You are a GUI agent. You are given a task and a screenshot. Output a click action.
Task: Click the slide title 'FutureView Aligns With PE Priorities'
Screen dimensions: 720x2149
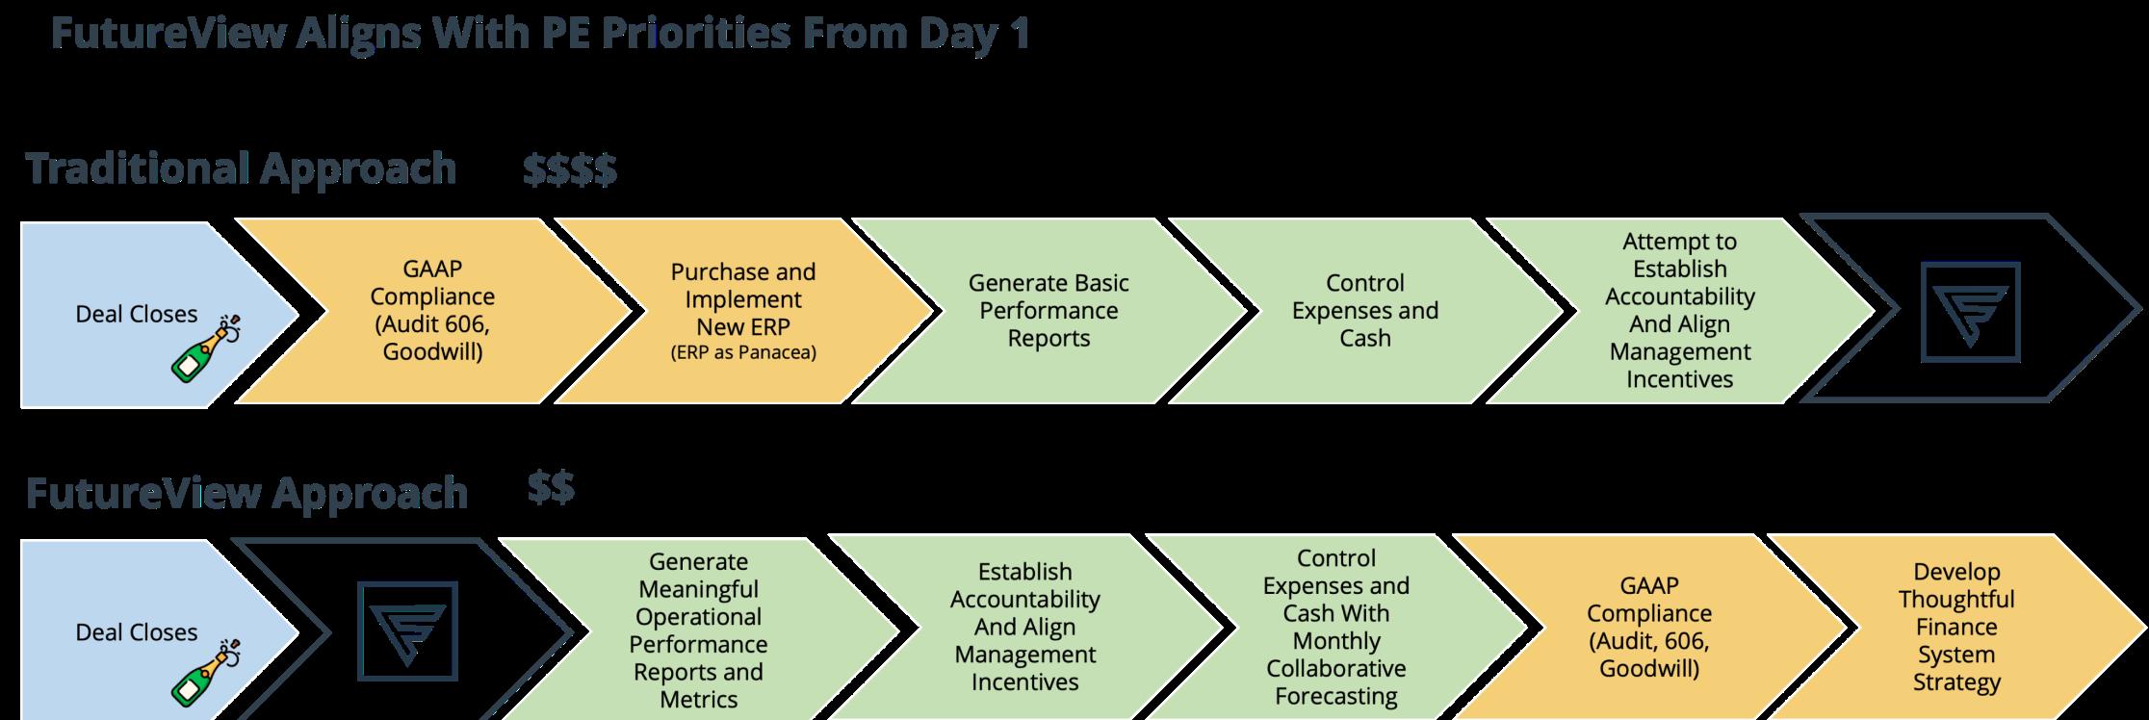539,35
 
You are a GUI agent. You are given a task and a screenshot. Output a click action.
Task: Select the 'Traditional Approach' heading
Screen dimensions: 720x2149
241,168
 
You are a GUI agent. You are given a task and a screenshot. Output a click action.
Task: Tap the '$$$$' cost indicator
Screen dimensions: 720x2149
570,170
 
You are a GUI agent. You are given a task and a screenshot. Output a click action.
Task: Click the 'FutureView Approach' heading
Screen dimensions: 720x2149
246,493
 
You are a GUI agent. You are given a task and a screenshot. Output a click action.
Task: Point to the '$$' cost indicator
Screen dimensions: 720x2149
551,488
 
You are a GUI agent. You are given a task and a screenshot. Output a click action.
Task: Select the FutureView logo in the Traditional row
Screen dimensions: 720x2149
1970,311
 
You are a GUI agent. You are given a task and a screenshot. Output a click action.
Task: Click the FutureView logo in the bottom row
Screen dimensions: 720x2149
407,630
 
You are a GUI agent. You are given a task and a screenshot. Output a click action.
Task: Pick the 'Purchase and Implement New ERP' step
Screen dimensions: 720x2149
742,298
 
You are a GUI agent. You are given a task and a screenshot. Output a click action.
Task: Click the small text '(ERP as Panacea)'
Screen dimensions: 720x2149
742,352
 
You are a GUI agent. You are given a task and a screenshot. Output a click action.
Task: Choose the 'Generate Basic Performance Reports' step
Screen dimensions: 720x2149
1048,310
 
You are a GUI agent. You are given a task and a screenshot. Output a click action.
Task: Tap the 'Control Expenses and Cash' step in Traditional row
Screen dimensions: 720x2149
1364,310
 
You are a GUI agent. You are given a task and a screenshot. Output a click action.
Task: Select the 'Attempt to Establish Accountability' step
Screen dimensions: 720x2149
1679,310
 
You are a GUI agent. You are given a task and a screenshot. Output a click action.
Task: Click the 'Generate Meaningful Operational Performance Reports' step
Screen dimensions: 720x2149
698,630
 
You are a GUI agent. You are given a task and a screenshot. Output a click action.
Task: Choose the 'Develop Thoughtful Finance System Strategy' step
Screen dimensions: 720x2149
1955,628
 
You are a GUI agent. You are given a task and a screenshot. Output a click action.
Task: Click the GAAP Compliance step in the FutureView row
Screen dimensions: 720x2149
1648,627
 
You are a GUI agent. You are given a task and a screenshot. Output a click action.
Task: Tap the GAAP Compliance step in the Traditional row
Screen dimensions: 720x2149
432,310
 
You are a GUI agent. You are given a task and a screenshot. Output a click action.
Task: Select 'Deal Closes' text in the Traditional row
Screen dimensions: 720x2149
136,314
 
